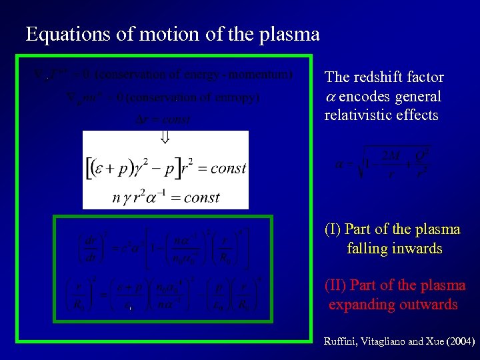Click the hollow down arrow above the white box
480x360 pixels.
165,137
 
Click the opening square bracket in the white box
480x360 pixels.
89,167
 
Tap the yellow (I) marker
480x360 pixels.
333,229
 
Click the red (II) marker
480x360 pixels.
335,286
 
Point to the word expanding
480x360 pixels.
361,305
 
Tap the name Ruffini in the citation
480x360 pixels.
340,341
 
